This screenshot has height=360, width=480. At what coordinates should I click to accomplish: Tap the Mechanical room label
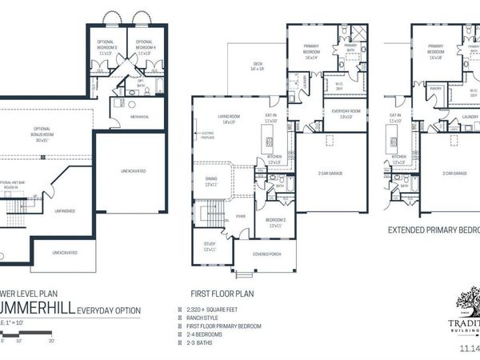(141, 116)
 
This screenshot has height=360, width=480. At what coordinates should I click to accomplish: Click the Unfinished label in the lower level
(65, 212)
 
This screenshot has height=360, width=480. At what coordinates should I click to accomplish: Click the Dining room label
(212, 183)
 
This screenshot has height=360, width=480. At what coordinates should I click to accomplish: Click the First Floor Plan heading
(223, 294)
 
